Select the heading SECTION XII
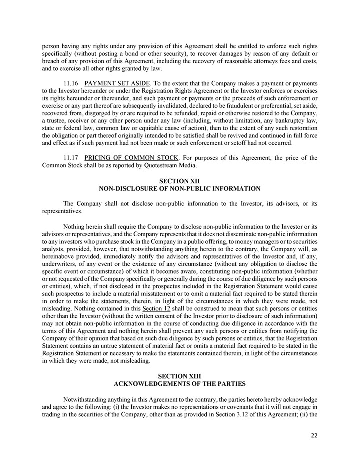point(180,180)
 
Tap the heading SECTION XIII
point(180,375)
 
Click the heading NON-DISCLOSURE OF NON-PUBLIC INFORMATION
point(180,188)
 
